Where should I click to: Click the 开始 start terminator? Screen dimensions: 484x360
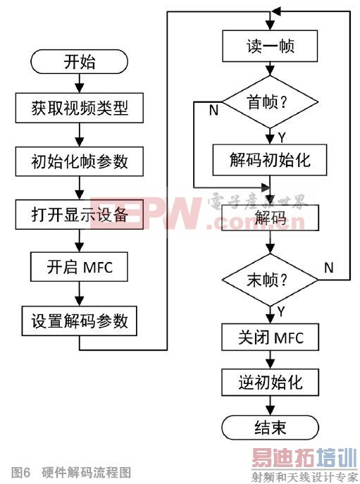click(x=80, y=62)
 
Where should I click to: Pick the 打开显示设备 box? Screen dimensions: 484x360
click(x=80, y=214)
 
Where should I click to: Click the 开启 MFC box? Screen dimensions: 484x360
click(x=80, y=268)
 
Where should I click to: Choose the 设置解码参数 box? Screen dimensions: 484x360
click(x=80, y=321)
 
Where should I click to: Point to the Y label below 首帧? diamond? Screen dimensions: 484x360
click(x=282, y=135)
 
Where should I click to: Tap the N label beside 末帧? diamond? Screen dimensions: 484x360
click(x=328, y=267)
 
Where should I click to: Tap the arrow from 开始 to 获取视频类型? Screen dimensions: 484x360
click(x=80, y=83)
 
